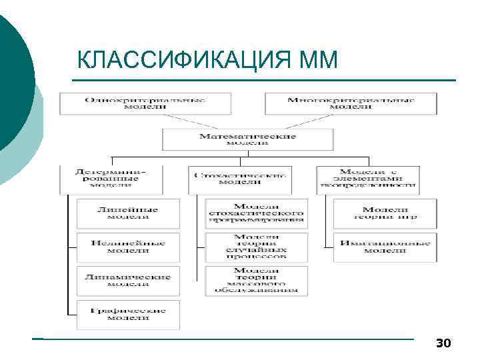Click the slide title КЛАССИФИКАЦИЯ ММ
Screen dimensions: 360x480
pos(207,61)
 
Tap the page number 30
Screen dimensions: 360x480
pos(443,343)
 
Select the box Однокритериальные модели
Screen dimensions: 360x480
pos(145,103)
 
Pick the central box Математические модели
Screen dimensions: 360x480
pos(247,139)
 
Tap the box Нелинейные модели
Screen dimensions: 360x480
pos(127,247)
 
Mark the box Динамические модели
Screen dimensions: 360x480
pos(127,281)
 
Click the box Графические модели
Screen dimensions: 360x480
pos(127,315)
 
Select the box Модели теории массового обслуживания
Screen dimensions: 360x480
pos(257,281)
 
